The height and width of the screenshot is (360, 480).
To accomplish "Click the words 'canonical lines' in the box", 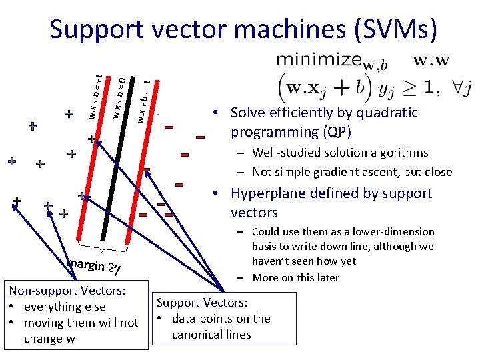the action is [211, 334].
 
